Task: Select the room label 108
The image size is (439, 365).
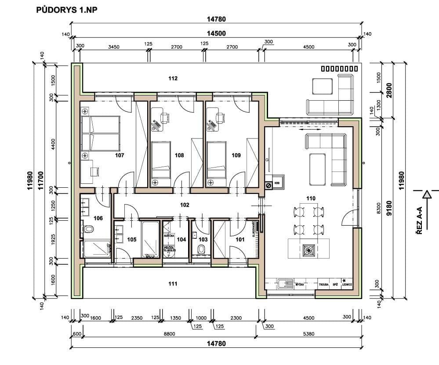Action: (x=179, y=155)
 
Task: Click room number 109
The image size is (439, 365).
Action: (x=236, y=155)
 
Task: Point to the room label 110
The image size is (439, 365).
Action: (x=311, y=198)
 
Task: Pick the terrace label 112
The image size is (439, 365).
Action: (x=173, y=79)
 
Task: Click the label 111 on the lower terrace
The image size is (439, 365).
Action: (x=173, y=284)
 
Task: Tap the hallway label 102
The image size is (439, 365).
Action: (x=185, y=204)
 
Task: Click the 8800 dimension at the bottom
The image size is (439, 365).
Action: (x=169, y=334)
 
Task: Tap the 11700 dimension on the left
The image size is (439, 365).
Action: (x=41, y=179)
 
